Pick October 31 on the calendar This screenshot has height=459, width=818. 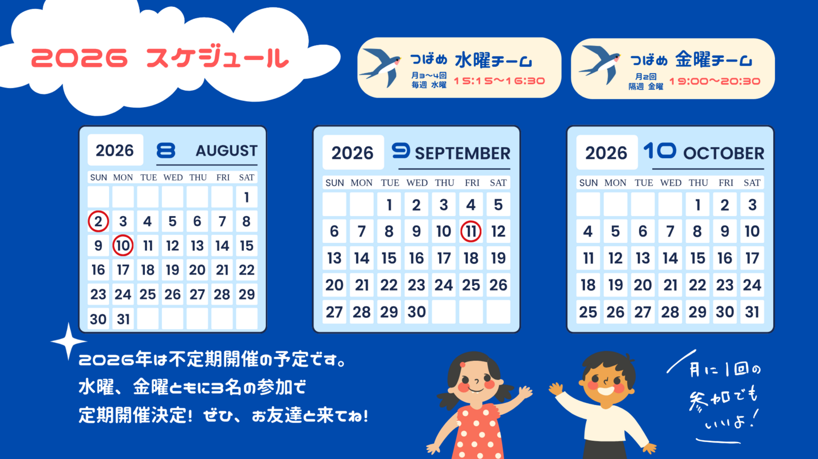point(752,312)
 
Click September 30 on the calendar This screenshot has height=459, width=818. point(416,312)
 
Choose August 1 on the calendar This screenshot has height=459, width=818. point(247,197)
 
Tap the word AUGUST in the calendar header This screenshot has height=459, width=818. point(227,151)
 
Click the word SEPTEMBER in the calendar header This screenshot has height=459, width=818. point(462,154)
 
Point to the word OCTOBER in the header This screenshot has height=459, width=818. point(724,154)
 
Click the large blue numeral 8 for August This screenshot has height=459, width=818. point(166,150)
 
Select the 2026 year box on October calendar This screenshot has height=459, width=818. point(607,152)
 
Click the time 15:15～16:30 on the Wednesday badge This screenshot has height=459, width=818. point(499,81)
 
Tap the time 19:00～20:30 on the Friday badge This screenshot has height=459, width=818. point(715,81)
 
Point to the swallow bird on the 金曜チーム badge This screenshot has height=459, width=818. point(599,64)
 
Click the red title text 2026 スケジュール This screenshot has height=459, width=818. point(160,58)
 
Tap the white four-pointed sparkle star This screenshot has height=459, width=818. point(68,342)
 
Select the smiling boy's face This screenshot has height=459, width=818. point(606,381)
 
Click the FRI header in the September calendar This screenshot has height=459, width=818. point(472,183)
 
